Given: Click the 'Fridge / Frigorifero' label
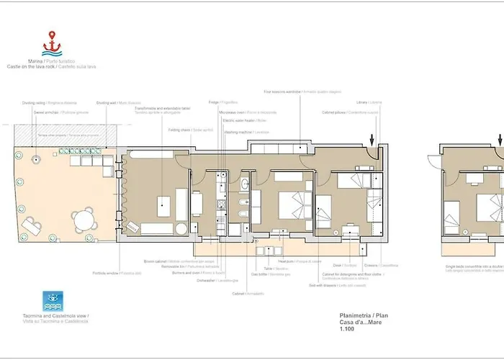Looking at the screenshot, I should pos(223,102).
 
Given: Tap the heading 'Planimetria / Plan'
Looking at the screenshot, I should pos(364,315).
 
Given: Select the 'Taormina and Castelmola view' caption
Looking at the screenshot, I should pos(55,318).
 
